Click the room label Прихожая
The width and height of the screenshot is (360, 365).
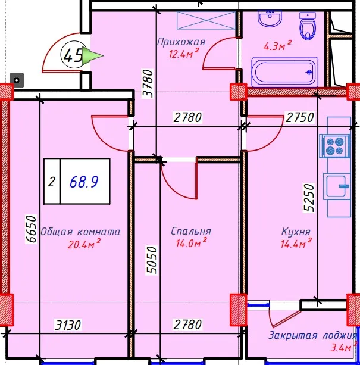pyautogui.click(x=181, y=42)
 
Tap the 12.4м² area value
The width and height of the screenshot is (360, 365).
pyautogui.click(x=184, y=54)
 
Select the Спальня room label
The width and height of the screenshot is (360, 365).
pyautogui.click(x=191, y=231)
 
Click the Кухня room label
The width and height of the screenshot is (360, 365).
pyautogui.click(x=296, y=232)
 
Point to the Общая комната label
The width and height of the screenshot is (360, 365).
pyautogui.click(x=80, y=232)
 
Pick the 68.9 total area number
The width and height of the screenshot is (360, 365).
pyautogui.click(x=84, y=182)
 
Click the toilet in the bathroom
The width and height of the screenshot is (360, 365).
pyautogui.click(x=308, y=26)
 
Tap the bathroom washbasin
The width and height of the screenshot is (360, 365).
pyautogui.click(x=270, y=18)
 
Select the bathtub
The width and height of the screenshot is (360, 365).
pyautogui.click(x=284, y=72)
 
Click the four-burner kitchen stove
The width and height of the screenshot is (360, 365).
pyautogui.click(x=334, y=146)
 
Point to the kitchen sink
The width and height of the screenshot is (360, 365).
pyautogui.click(x=337, y=186)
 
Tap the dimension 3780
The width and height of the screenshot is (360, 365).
pyautogui.click(x=148, y=83)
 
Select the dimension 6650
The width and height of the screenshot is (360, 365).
pyautogui.click(x=31, y=229)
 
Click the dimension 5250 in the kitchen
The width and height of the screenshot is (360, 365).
pyautogui.click(x=309, y=198)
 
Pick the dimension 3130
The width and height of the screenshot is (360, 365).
pyautogui.click(x=68, y=325)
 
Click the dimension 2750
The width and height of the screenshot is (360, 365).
pyautogui.click(x=300, y=117)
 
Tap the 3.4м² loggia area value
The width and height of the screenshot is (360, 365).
pyautogui.click(x=343, y=347)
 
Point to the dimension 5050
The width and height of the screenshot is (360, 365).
pyautogui.click(x=152, y=260)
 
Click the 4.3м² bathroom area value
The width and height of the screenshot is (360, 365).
pyautogui.click(x=277, y=46)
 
